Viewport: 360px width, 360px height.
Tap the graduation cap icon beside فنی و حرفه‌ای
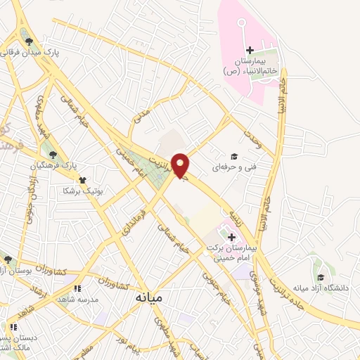[x=234, y=157]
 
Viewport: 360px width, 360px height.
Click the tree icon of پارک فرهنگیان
[x=52, y=155]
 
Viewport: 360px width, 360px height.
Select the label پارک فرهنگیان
[x=52, y=166]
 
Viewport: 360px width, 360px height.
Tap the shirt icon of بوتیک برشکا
[x=83, y=180]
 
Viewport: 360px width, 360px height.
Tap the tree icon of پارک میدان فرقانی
[x=29, y=41]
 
